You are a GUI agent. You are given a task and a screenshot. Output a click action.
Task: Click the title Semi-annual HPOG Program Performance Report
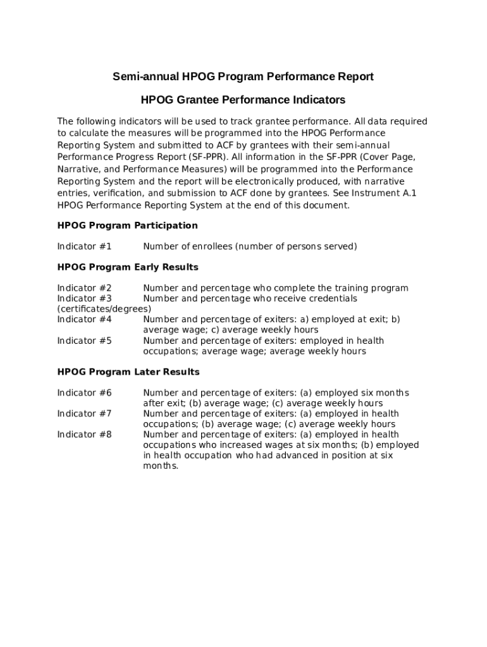point(243,76)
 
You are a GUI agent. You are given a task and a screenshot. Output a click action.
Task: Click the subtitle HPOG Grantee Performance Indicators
point(243,100)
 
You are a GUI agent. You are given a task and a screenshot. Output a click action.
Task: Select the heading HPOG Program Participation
point(127,226)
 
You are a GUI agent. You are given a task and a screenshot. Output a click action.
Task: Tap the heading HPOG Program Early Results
point(128,267)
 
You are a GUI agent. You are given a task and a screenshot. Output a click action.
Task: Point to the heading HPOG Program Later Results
point(128,372)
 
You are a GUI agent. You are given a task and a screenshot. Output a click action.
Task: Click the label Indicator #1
point(84,246)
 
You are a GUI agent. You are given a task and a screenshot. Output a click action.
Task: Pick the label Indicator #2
point(84,288)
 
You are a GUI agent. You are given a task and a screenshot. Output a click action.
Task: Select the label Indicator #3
point(84,298)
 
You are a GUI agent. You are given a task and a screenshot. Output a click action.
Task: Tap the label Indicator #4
point(84,320)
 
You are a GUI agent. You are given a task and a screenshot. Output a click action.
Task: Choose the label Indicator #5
point(84,341)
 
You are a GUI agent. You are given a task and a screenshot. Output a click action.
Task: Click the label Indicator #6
point(84,393)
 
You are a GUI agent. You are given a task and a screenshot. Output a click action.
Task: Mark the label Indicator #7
point(84,414)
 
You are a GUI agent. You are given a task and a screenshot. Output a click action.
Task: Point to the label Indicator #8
point(84,435)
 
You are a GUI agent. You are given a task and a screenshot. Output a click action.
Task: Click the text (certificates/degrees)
point(104,309)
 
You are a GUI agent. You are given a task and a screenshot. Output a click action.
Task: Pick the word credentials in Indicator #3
point(330,298)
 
